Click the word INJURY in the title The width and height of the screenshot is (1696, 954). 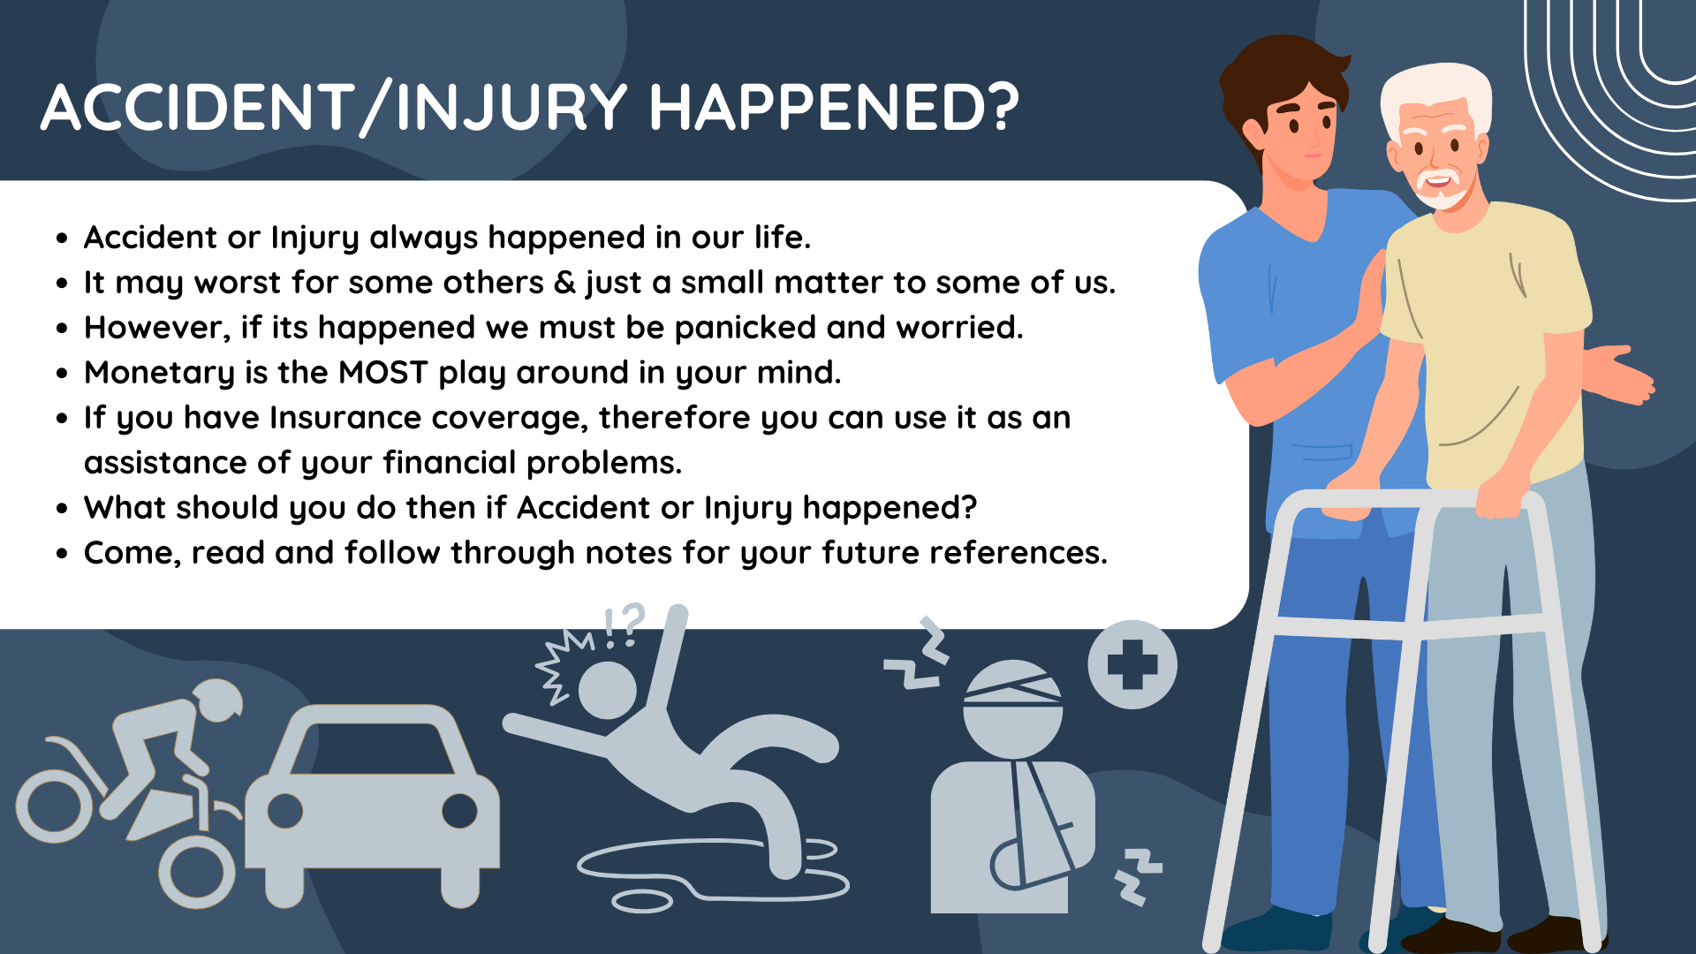(511, 108)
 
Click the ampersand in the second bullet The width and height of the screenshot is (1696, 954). (565, 283)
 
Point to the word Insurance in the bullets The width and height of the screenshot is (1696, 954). (345, 418)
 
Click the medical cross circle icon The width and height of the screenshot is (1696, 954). (1132, 664)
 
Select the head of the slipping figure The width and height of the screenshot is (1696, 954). (607, 690)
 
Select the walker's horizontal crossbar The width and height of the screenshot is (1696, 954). (1409, 627)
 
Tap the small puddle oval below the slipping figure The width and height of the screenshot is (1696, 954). (642, 902)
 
